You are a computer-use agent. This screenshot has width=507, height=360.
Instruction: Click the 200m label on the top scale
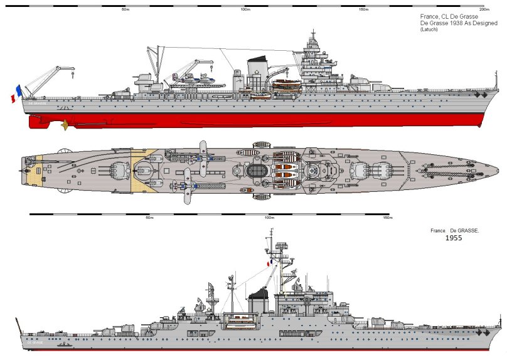[483, 10]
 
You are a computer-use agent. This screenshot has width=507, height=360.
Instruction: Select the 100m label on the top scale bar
[245, 10]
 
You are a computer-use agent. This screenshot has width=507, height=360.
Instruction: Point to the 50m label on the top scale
[125, 10]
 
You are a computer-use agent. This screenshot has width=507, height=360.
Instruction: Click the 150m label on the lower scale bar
[387, 218]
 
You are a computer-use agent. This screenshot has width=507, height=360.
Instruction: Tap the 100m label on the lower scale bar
[269, 218]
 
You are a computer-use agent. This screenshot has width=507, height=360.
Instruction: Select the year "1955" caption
[454, 238]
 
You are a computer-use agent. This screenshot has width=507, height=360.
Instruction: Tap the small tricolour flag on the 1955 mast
[268, 265]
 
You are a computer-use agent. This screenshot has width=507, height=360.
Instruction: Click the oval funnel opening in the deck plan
[257, 171]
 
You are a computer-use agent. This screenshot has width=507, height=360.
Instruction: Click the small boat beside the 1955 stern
[63, 344]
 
